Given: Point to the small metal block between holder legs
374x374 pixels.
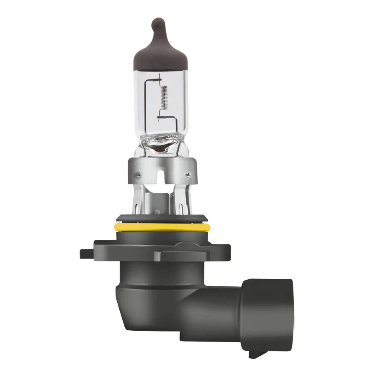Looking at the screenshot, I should click(160, 199).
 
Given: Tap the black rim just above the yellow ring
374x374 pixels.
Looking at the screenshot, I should click(161, 218).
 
